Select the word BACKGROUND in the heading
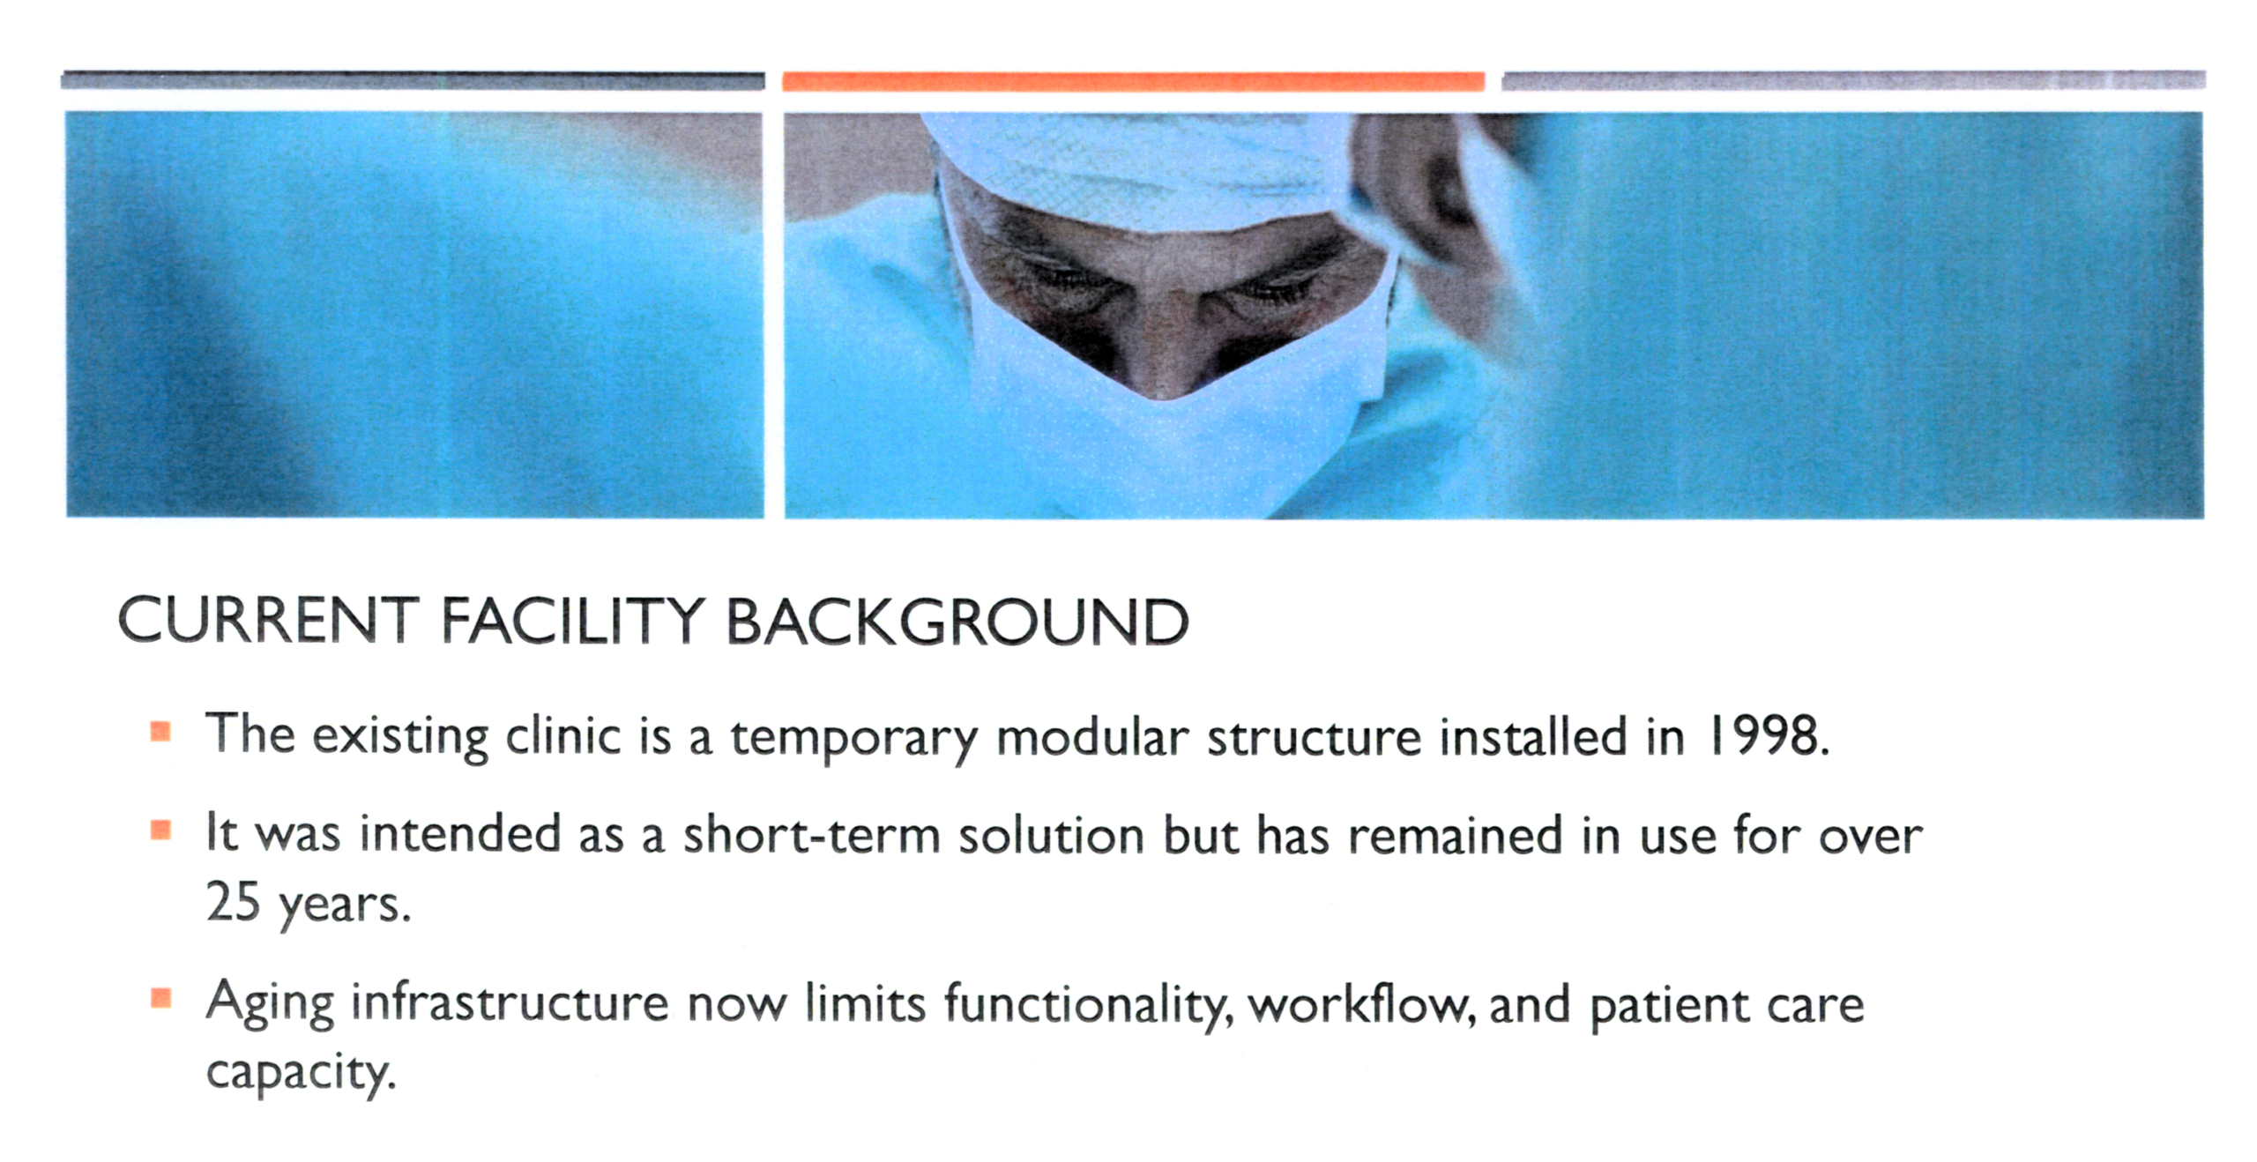957,621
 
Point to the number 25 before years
233,901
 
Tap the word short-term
812,833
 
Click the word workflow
1362,1004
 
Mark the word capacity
300,1074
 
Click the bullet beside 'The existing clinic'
160,732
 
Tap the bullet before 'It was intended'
160,831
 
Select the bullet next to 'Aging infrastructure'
160,999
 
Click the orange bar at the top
1133,81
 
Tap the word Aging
270,1006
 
